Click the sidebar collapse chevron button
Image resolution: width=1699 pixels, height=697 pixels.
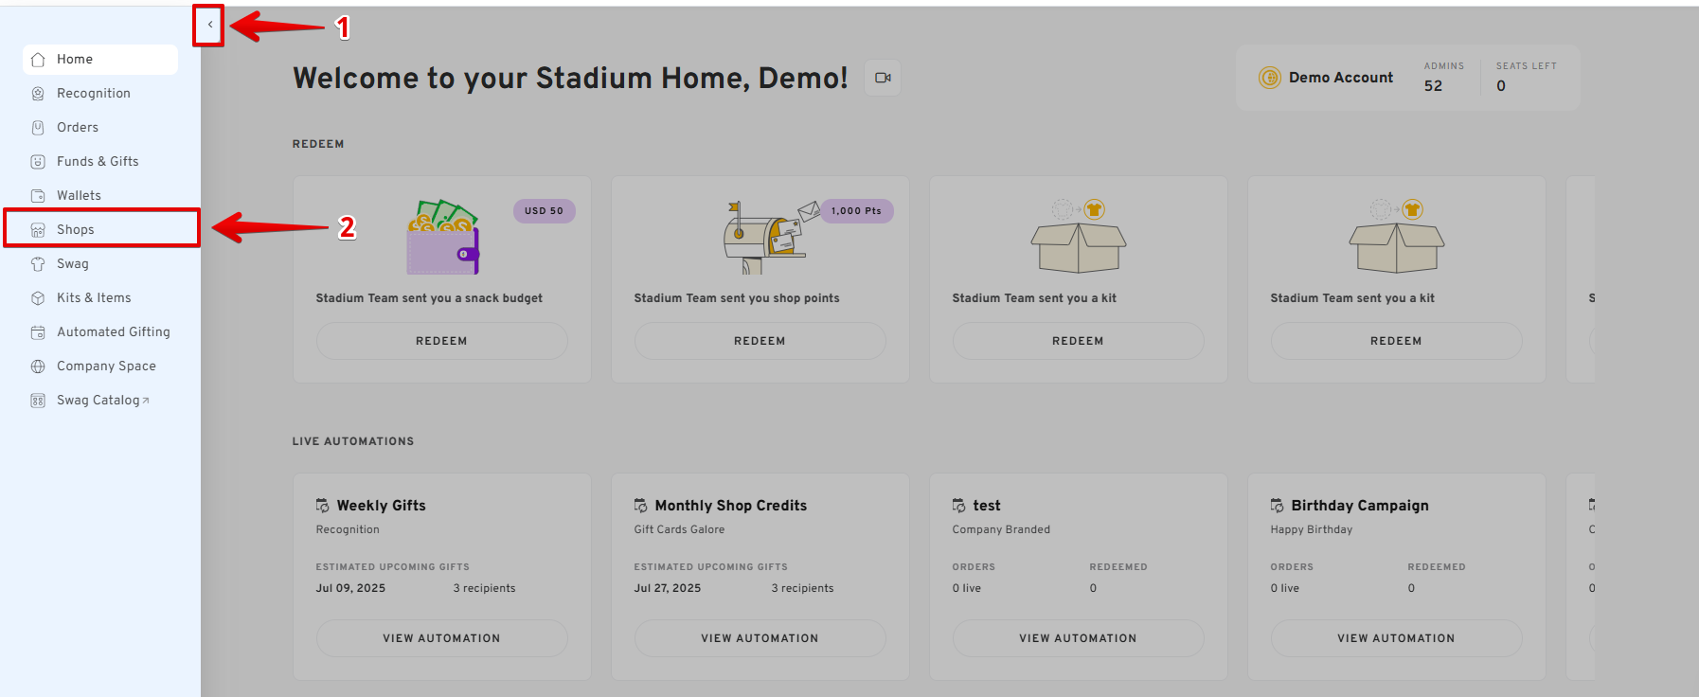coord(209,26)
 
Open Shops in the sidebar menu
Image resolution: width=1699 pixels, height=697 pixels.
coord(76,229)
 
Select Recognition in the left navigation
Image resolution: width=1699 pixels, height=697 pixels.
coord(93,93)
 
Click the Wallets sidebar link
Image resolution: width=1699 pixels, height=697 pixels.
coord(79,195)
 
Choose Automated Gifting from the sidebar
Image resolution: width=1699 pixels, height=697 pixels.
coord(113,331)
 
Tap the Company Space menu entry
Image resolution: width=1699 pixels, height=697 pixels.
coord(106,366)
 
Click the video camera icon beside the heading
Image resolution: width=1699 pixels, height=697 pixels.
coord(883,78)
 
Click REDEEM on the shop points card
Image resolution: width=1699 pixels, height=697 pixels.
coord(760,341)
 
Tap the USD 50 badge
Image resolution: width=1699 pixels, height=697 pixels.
coord(544,211)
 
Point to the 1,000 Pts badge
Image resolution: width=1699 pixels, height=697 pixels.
coord(856,211)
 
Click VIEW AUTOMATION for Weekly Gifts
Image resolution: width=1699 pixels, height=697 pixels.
coord(441,638)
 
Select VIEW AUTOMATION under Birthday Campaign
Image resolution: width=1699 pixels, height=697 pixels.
coord(1396,638)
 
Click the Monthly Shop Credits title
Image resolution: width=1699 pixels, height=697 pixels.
coord(731,506)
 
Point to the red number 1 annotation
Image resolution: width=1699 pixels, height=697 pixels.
coord(344,27)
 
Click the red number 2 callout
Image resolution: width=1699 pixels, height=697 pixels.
coord(348,227)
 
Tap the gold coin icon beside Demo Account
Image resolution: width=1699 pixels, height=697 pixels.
coord(1269,78)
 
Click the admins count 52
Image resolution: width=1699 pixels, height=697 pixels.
coord(1433,86)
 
